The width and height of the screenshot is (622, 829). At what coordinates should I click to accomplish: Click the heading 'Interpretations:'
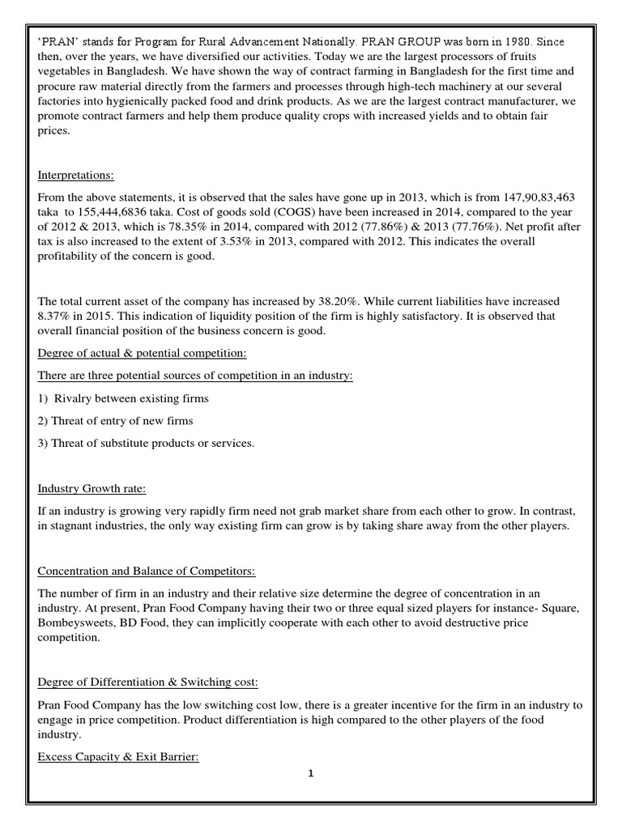click(76, 175)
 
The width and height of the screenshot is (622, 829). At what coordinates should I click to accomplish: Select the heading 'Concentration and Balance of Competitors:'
click(147, 571)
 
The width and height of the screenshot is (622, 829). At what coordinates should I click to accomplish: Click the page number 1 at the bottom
click(311, 773)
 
